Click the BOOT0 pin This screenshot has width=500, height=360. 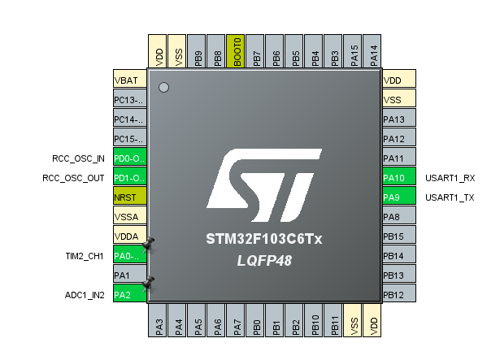[x=237, y=51]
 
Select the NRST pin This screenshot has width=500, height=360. [x=129, y=197]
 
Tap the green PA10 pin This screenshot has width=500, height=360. [x=399, y=177]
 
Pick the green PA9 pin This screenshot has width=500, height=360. [x=399, y=197]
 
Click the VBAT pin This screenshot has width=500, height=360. [x=129, y=80]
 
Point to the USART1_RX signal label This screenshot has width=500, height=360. [x=449, y=177]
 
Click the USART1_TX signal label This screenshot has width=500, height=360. [x=449, y=197]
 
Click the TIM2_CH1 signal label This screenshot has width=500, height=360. [x=85, y=256]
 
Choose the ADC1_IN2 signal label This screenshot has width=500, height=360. [x=85, y=295]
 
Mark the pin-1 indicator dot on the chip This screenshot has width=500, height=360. [x=163, y=87]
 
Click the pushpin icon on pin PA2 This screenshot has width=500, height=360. [x=148, y=284]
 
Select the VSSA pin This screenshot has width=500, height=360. [x=129, y=216]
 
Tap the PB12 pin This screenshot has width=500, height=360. [x=399, y=294]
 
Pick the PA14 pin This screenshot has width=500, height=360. [x=373, y=51]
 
